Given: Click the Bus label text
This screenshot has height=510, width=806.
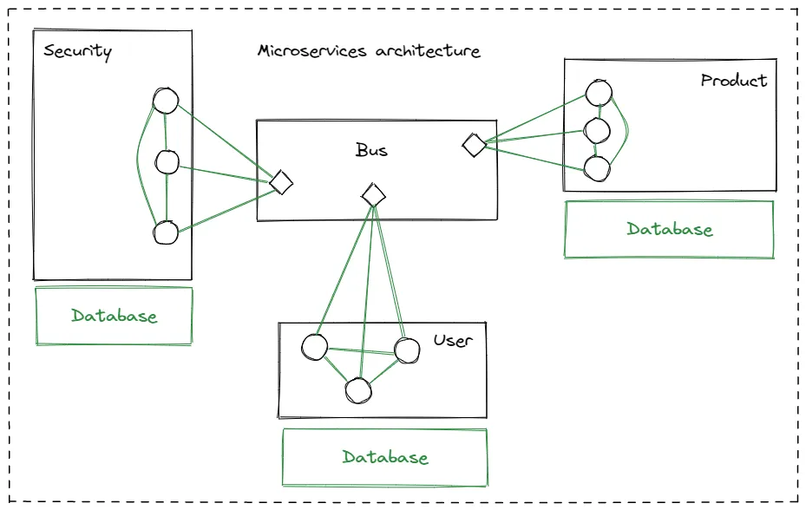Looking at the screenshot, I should [x=371, y=150].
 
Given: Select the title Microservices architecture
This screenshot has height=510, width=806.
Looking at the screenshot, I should [x=369, y=51].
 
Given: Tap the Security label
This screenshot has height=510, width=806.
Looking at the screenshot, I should [x=77, y=51].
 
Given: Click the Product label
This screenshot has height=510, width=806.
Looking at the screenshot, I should [x=734, y=81].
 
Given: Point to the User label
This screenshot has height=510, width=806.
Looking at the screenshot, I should [x=453, y=340].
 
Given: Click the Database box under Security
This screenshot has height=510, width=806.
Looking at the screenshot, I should [x=114, y=316].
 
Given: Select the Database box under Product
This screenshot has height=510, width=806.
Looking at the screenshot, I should [x=669, y=230].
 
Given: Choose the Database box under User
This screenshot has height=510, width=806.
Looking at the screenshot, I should [x=384, y=457].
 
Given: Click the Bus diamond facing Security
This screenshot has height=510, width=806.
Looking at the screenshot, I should [x=281, y=182].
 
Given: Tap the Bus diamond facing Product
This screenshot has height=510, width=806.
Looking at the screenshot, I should [x=474, y=145].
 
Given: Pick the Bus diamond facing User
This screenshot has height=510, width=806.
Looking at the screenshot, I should [x=373, y=194].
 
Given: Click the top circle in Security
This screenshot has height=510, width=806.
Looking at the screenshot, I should [x=165, y=101].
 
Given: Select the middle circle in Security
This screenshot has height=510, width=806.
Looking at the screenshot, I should [x=167, y=161].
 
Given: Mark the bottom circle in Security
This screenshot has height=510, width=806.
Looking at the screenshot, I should [x=165, y=232].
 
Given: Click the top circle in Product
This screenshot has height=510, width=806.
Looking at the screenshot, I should [x=599, y=92].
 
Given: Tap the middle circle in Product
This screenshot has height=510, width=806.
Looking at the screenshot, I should [x=597, y=131].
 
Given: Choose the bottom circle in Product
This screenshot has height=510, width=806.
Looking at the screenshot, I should [x=596, y=169].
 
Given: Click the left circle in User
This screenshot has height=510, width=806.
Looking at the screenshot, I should [x=314, y=348].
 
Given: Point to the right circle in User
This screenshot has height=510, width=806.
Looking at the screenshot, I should [x=407, y=350].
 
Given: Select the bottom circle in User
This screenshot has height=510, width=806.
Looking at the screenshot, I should [x=357, y=391].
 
